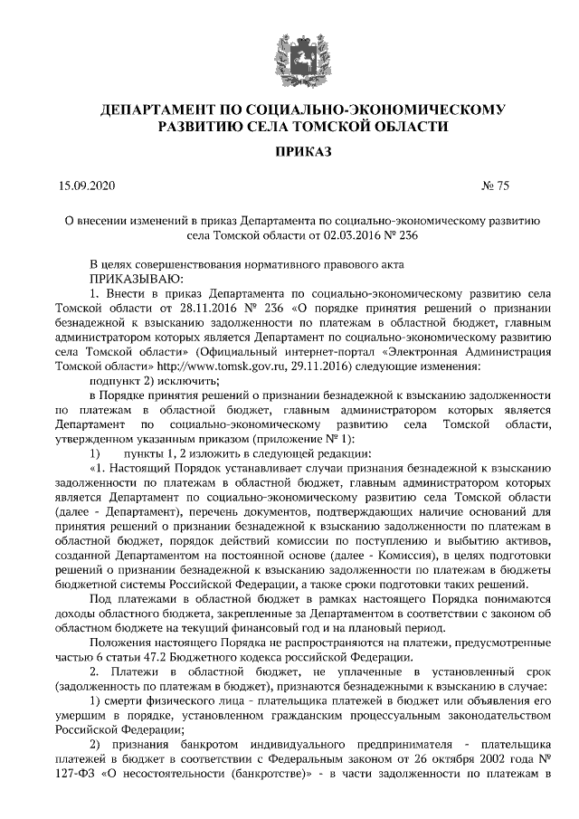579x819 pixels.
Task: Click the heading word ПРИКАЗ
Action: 289,149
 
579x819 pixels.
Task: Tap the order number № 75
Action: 497,186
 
